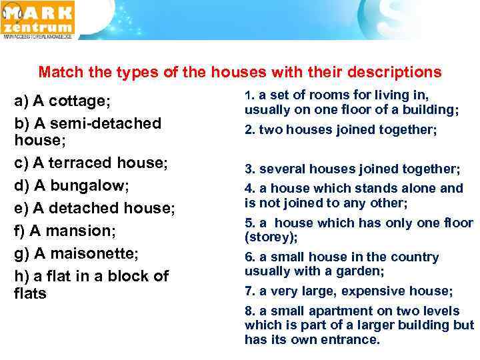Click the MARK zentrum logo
pyautogui.click(x=39, y=20)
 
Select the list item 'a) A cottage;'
pyautogui.click(x=62, y=101)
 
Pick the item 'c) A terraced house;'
pyautogui.click(x=91, y=163)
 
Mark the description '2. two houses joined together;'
pyautogui.click(x=341, y=130)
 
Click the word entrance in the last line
pyautogui.click(x=348, y=339)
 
